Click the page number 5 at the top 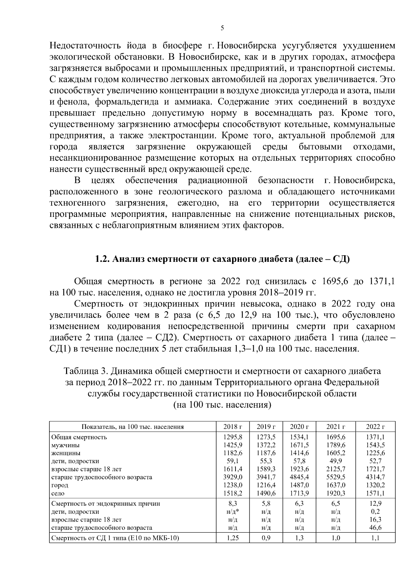tap(222, 28)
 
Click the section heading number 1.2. tap(102, 259)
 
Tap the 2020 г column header tap(299, 427)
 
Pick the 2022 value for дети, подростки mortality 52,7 tap(375, 461)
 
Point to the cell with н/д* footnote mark tap(233, 512)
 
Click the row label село tap(58, 493)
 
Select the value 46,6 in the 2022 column tap(375, 528)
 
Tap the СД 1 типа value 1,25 tap(233, 538)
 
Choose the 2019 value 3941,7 tap(266, 477)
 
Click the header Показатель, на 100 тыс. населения tap(132, 427)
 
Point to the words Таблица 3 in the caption tap(85, 371)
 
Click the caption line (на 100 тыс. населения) tap(222, 405)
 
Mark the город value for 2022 tap(375, 485)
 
